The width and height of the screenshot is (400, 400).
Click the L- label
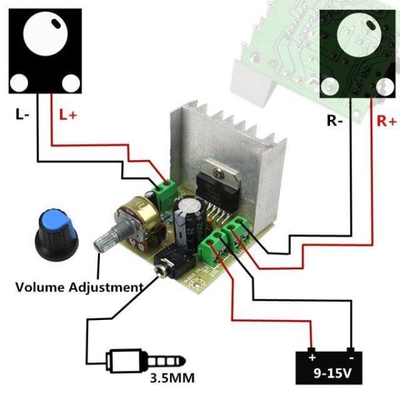click(22, 114)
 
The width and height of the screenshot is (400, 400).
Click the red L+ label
click(68, 115)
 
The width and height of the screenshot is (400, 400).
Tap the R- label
click(335, 121)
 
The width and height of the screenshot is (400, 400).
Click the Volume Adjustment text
click(79, 287)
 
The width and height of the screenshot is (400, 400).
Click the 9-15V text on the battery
click(329, 374)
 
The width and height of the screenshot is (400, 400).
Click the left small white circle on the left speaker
click(19, 83)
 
